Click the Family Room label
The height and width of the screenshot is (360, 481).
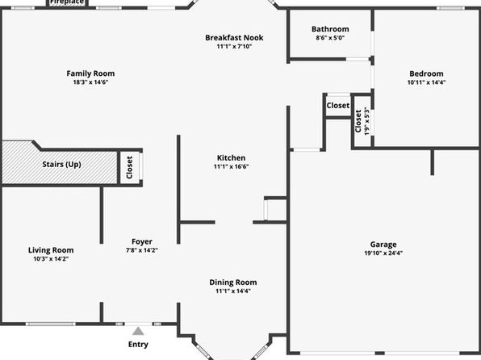90,73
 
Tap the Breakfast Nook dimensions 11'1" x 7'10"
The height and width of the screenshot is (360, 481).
234,46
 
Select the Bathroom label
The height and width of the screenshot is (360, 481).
330,29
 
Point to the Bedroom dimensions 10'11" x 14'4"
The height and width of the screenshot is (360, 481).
426,82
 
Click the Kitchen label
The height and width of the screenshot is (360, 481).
231,157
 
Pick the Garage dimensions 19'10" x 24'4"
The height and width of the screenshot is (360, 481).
383,253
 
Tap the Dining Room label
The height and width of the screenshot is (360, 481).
233,283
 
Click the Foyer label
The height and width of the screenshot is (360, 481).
142,242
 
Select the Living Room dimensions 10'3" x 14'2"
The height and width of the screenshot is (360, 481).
51,259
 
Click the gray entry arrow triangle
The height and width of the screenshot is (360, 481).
138,331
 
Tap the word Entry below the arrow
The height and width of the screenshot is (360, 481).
138,345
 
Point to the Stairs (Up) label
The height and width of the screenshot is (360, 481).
61,164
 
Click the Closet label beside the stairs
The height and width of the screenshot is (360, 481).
129,167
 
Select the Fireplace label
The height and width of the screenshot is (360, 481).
67,2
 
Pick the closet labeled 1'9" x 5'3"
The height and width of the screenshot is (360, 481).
362,121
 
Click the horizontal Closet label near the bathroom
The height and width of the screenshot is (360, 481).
337,106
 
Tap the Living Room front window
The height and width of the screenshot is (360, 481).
50,324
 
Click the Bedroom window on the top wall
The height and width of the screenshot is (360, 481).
450,8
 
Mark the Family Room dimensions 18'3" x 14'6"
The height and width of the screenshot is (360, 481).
90,82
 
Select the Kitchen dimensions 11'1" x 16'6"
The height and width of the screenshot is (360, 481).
231,166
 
